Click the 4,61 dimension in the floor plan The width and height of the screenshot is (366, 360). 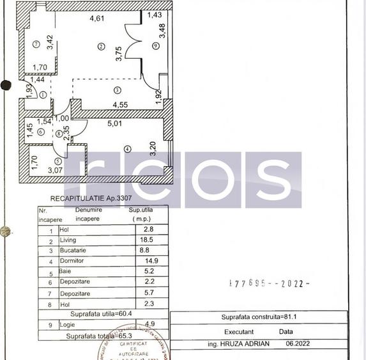96,18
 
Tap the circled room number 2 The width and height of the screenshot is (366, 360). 101,46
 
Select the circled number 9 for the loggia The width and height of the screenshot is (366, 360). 155,46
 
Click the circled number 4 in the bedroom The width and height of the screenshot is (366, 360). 127,149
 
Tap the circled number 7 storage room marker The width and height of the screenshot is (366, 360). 36,44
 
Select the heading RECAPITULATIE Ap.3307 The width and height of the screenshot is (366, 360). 78,198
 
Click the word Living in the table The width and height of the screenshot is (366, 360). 68,239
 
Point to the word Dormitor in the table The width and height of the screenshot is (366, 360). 72,261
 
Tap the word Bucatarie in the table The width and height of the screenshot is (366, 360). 73,250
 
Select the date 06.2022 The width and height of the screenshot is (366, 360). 300,343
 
